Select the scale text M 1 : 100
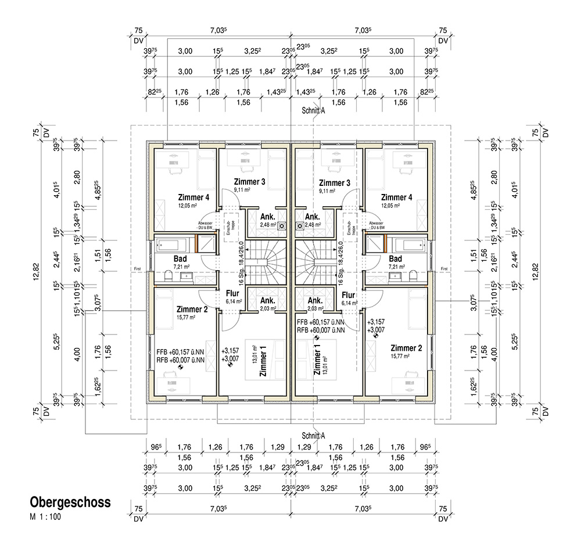point(46,516)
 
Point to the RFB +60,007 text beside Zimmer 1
point(321,330)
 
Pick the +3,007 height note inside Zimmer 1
point(230,360)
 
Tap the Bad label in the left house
point(180,258)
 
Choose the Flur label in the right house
point(349,294)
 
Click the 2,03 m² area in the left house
point(268,310)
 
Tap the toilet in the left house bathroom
point(168,274)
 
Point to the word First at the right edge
point(444,269)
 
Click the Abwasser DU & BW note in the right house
point(376,225)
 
